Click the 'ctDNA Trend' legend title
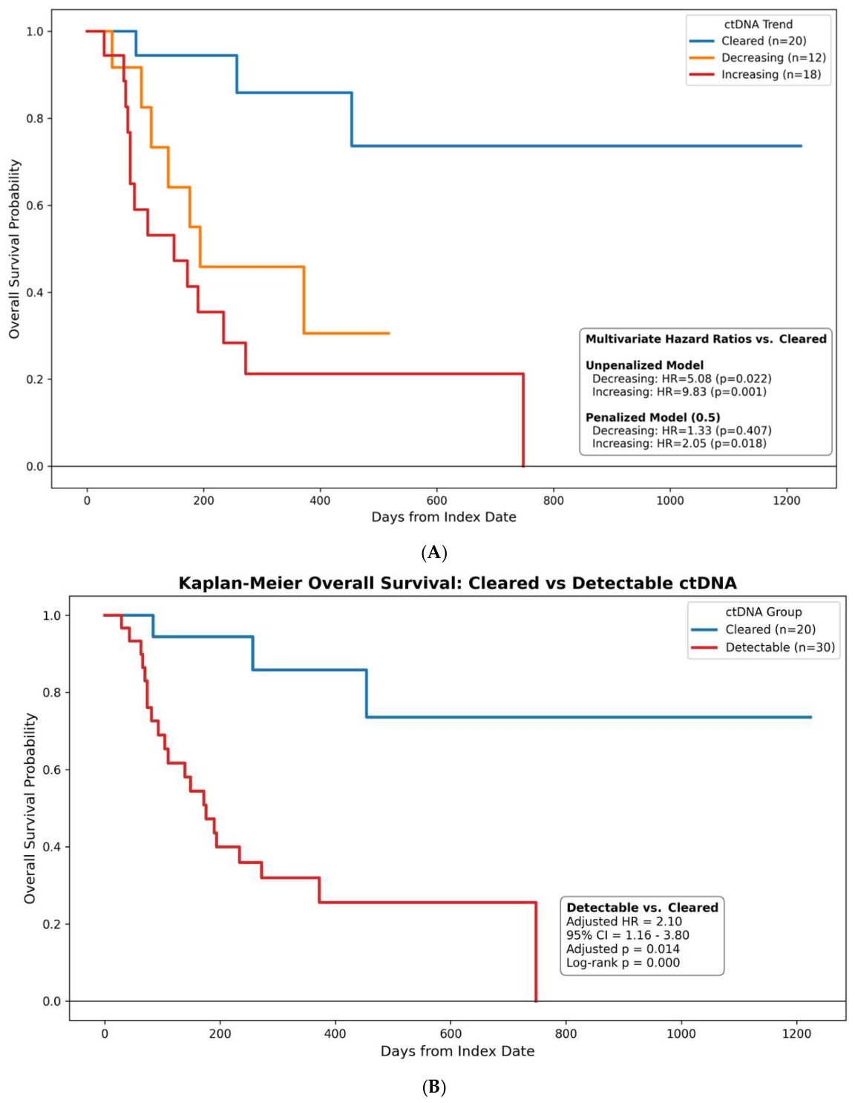point(758,24)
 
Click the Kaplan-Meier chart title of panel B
point(457,583)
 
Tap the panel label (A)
point(434,552)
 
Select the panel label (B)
point(434,1087)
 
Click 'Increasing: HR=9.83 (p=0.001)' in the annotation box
point(679,391)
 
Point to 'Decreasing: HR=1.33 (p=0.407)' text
point(681,431)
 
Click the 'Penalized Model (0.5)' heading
point(652,417)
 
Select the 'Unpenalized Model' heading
point(644,365)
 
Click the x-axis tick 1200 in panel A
point(787,500)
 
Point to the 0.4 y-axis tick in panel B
point(51,847)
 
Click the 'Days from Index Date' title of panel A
point(444,517)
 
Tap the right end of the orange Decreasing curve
point(389,333)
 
